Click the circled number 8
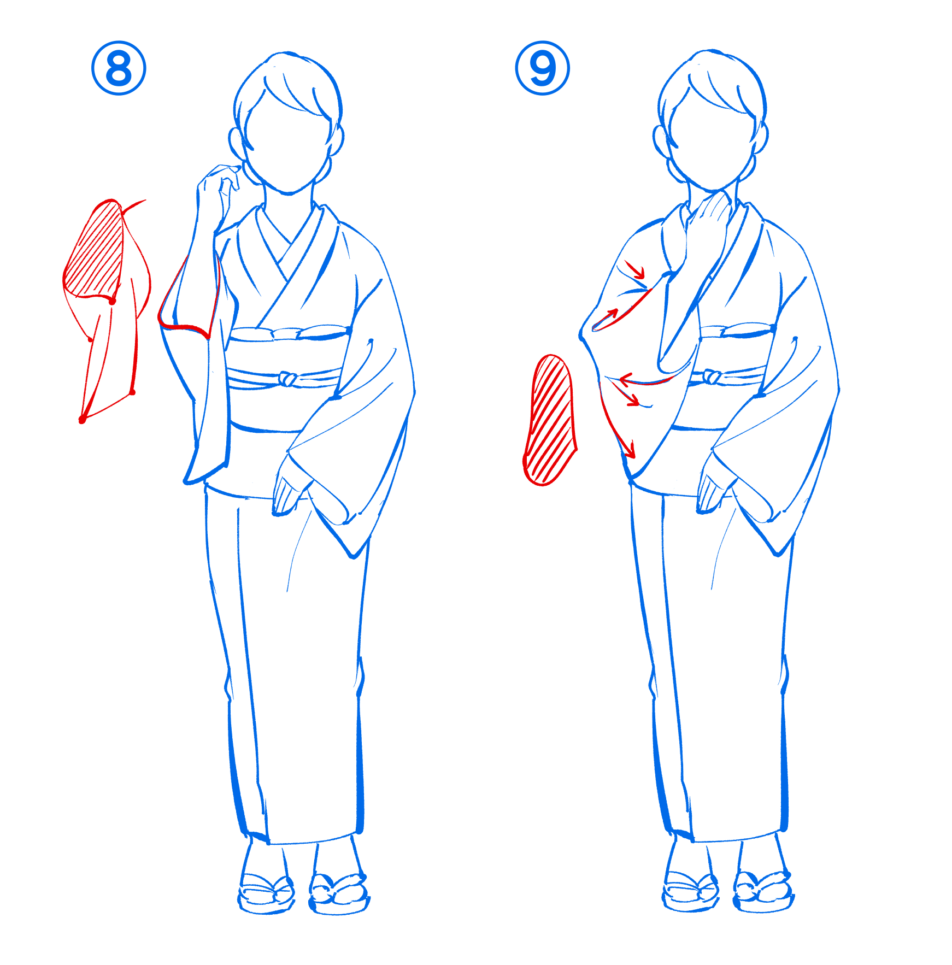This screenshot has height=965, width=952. tap(119, 68)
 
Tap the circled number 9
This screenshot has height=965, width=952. tap(543, 68)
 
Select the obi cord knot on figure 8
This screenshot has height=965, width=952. tap(287, 378)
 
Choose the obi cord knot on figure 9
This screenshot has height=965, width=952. tap(711, 376)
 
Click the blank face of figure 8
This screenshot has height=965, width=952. tap(287, 148)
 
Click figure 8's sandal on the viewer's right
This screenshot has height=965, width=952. tap(339, 894)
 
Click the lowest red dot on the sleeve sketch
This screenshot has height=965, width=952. tap(83, 420)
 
